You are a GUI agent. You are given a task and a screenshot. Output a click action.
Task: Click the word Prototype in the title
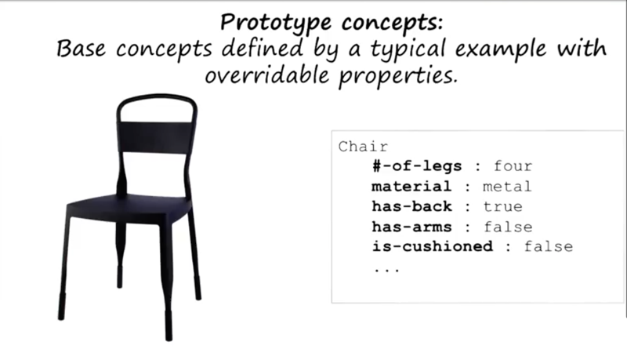(276, 23)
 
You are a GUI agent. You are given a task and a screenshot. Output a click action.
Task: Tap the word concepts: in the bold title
(393, 22)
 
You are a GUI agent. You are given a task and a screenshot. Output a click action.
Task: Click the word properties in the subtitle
(398, 76)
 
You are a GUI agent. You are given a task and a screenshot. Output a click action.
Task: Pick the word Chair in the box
(363, 147)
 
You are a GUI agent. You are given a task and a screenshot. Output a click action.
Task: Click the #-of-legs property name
(417, 166)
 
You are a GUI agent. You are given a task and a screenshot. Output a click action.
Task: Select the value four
(513, 166)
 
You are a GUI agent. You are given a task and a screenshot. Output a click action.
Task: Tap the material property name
(411, 187)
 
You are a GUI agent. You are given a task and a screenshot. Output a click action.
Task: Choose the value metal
(507, 187)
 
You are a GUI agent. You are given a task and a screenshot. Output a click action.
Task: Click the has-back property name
(412, 206)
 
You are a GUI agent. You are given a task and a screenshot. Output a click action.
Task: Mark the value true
(503, 206)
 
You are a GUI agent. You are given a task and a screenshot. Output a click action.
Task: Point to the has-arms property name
(412, 227)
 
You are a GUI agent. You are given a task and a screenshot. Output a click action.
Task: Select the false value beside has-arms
(508, 227)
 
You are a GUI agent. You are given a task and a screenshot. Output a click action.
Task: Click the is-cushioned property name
(433, 246)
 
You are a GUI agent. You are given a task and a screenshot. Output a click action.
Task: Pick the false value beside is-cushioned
(549, 246)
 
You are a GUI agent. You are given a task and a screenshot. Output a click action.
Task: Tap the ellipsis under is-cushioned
(386, 271)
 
